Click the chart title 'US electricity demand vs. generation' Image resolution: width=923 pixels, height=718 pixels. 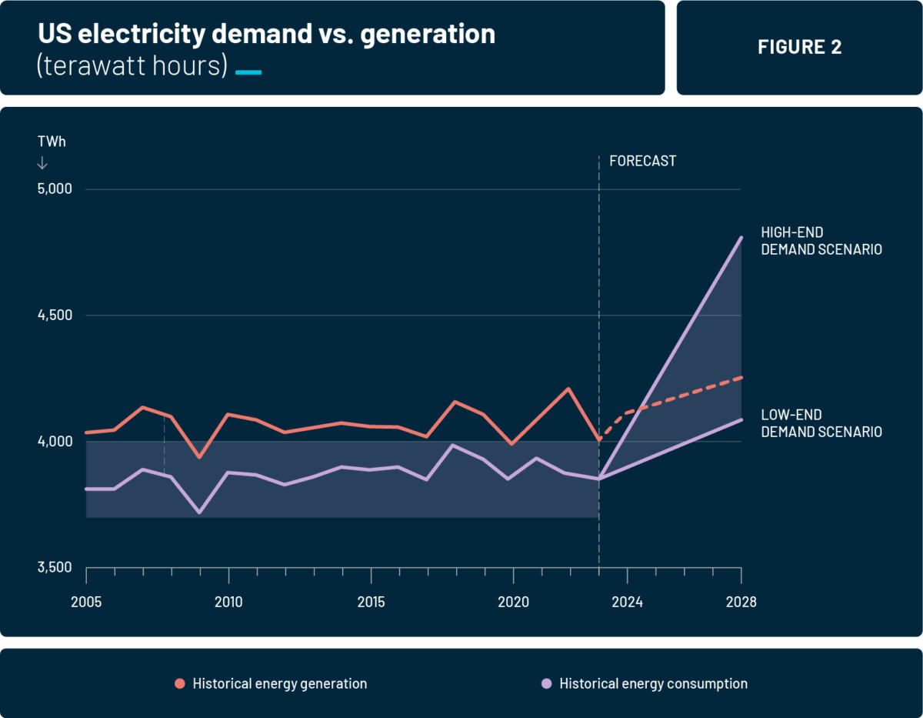click(265, 34)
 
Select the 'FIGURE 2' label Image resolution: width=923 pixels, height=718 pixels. click(799, 47)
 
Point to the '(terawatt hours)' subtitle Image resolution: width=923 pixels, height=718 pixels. click(132, 66)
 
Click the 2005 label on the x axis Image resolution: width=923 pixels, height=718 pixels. click(86, 602)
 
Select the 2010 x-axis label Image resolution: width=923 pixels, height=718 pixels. click(228, 602)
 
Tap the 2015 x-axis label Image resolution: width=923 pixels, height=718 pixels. click(371, 602)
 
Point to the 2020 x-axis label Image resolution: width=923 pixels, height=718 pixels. click(513, 602)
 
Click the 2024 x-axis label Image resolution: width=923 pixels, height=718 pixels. click(627, 602)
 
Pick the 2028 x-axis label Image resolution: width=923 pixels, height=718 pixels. click(741, 602)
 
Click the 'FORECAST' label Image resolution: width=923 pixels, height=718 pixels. click(642, 162)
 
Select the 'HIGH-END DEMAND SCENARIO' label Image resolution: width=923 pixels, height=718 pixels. click(821, 241)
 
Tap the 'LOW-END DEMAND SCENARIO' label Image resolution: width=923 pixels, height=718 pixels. click(821, 423)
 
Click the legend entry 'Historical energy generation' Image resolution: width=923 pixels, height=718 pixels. click(279, 683)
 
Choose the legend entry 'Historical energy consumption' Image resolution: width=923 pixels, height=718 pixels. click(653, 683)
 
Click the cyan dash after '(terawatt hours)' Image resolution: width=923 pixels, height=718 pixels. click(248, 72)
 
